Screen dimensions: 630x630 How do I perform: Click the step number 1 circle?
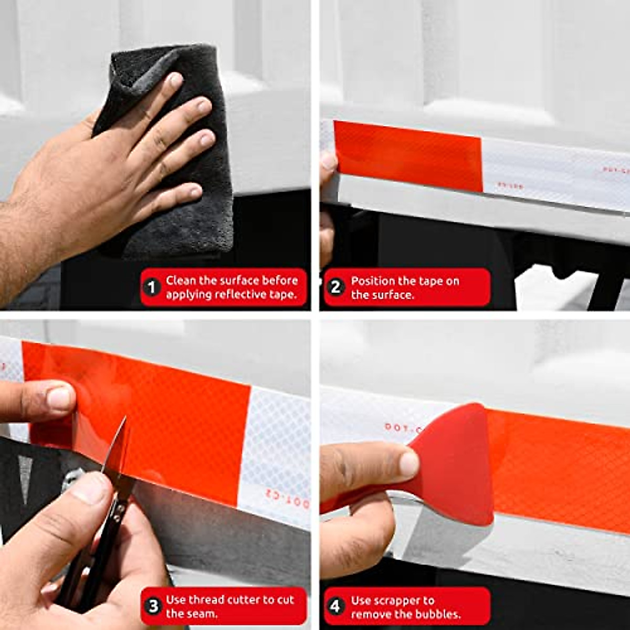point(152,288)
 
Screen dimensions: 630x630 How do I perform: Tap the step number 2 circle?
point(335,288)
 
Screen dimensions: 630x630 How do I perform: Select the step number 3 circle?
point(152,606)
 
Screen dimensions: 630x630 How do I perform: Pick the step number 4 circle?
point(335,606)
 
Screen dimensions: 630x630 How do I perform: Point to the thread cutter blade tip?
point(124,419)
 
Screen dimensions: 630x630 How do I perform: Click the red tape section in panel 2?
point(407,155)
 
